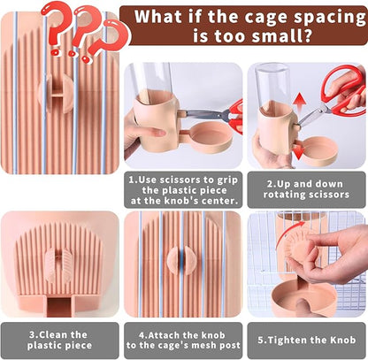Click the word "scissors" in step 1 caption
pos(181,180)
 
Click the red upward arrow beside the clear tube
pos(300,102)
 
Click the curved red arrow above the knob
pos(287,234)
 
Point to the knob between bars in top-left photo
pos(56,94)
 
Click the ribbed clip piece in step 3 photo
pos(59,263)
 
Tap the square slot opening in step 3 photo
pos(59,307)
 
